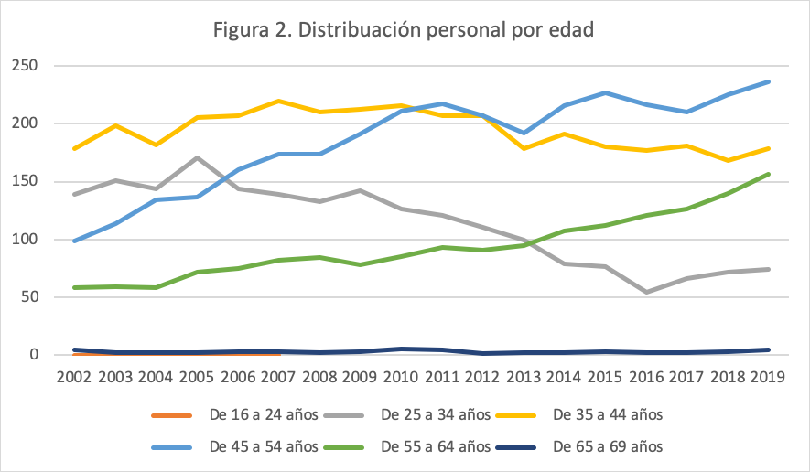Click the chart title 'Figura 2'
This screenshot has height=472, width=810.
tap(404, 30)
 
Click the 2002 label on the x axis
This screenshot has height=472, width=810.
tap(74, 378)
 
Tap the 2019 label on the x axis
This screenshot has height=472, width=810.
tap(766, 378)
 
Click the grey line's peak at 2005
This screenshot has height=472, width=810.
tap(197, 157)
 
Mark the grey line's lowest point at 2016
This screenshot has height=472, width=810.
tap(645, 292)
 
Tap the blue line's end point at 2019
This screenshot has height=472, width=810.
tap(768, 81)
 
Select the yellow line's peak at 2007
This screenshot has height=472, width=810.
tap(278, 101)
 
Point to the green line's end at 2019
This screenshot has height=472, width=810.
tap(768, 174)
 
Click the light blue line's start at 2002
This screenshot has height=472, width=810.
tap(74, 241)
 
